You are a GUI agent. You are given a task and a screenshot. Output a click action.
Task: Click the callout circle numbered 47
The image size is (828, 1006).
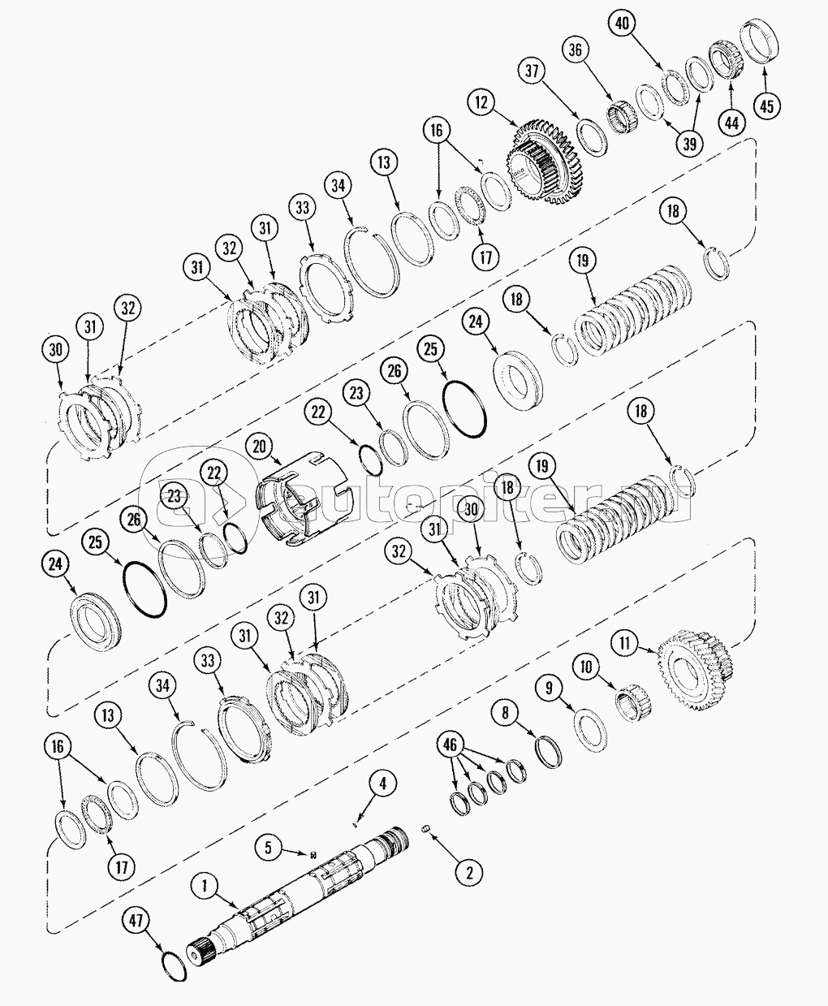point(136,921)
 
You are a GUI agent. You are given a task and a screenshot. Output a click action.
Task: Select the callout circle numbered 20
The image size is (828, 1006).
point(260,446)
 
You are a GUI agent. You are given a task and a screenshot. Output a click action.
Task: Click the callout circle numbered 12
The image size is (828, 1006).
point(481,102)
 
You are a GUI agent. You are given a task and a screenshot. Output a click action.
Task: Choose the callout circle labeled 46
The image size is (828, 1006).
point(451,743)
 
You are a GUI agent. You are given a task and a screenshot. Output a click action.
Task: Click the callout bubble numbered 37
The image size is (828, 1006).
point(532,71)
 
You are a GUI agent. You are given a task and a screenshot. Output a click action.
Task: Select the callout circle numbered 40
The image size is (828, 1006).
point(622,24)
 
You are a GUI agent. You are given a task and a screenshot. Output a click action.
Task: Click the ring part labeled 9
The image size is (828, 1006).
point(590,729)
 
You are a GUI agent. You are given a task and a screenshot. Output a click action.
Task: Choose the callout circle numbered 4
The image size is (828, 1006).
point(383,784)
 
